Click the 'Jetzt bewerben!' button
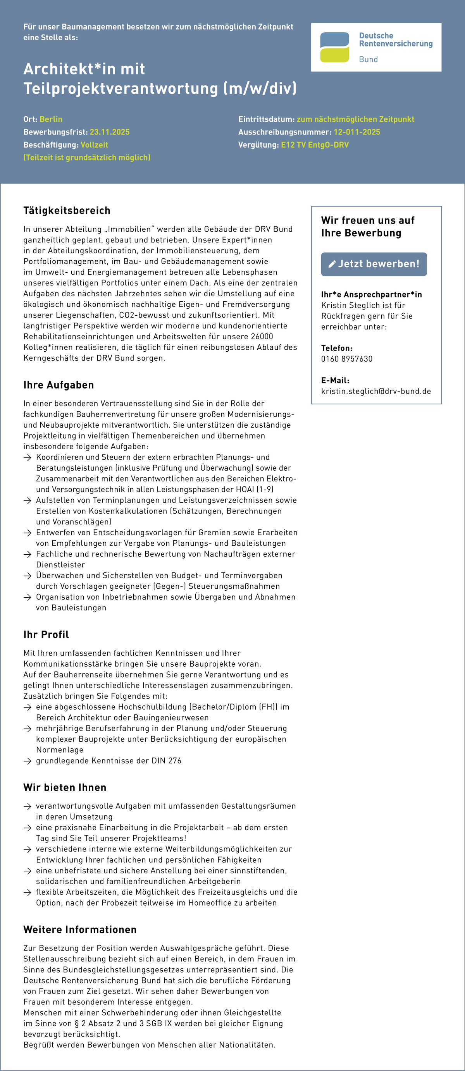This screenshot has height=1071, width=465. (374, 264)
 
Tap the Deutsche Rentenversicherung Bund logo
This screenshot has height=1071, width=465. (376, 47)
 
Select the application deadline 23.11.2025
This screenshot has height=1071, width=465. (109, 132)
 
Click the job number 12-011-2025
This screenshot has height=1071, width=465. (356, 132)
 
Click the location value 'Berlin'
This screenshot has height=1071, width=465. (51, 119)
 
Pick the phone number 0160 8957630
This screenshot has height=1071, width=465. (346, 359)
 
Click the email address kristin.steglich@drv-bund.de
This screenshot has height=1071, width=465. (375, 391)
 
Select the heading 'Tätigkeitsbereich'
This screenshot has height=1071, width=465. (67, 211)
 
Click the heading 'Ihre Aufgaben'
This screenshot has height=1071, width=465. (59, 385)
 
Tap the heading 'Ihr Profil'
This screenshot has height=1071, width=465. (46, 634)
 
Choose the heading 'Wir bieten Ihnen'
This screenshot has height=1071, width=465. (65, 787)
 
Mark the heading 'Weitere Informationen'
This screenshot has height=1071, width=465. (80, 930)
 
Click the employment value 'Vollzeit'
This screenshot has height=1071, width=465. (94, 145)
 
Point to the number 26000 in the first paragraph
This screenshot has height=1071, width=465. (262, 337)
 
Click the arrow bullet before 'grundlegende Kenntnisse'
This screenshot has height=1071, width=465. (28, 761)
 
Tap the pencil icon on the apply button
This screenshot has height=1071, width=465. (332, 264)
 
